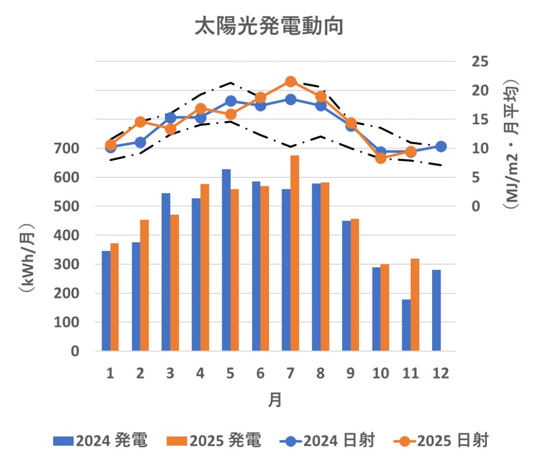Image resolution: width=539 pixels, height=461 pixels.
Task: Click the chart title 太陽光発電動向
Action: pos(269,26)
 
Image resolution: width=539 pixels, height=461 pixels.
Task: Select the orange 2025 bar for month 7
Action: pos(295,253)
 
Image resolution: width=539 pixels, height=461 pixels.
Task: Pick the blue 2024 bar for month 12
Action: pos(436,310)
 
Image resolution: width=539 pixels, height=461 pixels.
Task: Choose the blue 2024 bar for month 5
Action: pos(226,260)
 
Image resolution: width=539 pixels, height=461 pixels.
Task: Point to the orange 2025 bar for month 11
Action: pos(415,305)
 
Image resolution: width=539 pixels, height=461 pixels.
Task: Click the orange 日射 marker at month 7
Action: pos(291,82)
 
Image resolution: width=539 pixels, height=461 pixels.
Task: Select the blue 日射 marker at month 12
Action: pos(441,146)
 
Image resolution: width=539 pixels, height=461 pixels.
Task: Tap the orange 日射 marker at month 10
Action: pos(381,158)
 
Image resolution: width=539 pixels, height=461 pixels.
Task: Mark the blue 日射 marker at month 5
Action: pos(231,101)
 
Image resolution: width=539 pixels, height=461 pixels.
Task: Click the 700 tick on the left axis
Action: pos(67,148)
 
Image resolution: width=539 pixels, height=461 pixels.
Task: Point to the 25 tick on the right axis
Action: pos(480,62)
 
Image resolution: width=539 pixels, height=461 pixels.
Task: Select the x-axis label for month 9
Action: pos(351,374)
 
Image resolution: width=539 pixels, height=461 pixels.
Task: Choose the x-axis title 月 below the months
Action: pos(275,400)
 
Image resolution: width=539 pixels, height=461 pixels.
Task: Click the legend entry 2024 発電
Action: pos(99,440)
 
